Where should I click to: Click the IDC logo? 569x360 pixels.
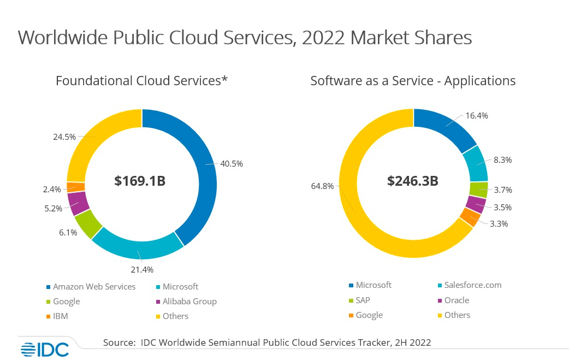(x=45, y=349)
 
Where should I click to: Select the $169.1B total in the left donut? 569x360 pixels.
(x=140, y=181)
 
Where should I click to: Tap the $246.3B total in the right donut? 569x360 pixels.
(x=412, y=181)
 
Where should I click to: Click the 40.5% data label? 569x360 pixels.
(x=232, y=163)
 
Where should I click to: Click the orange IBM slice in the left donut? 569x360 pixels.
(x=76, y=187)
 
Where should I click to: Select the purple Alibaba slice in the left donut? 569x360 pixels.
(x=79, y=203)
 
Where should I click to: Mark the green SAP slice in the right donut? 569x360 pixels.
(x=478, y=189)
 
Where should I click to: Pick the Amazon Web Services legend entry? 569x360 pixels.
(x=93, y=287)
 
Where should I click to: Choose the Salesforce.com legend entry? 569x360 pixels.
(x=472, y=285)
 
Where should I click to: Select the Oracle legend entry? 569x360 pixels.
(x=457, y=300)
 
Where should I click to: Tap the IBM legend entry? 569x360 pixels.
(x=60, y=316)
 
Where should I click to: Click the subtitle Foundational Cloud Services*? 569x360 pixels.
(x=141, y=81)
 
